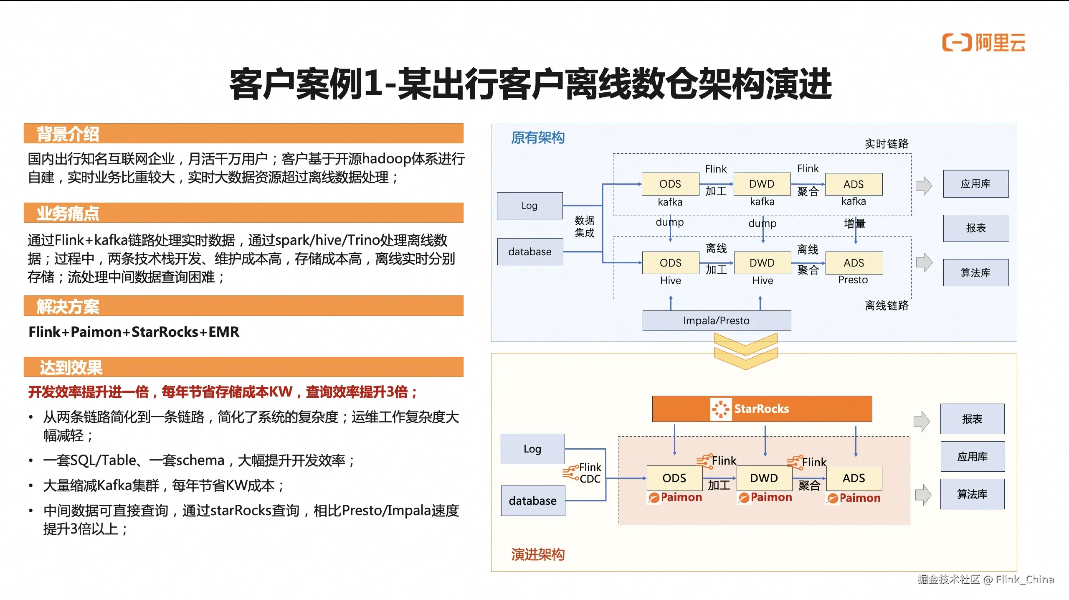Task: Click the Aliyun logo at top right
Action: (x=983, y=43)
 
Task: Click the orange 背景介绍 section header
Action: (x=243, y=134)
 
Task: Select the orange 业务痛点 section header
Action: (x=243, y=213)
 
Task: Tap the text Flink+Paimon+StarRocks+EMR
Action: (x=134, y=332)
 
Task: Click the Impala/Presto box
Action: (x=716, y=320)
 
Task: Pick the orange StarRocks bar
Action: (x=762, y=409)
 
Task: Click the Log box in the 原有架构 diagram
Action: (x=529, y=206)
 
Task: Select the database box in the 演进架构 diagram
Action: (x=533, y=501)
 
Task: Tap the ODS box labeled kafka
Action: (x=670, y=184)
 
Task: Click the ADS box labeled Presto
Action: (x=854, y=263)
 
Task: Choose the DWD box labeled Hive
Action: (x=762, y=263)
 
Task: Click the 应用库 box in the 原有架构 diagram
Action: (x=975, y=184)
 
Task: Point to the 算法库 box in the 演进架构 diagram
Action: (x=972, y=494)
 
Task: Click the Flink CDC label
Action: (x=585, y=473)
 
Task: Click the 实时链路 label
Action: (x=886, y=144)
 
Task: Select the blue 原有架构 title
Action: (x=538, y=137)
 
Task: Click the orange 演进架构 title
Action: (x=538, y=554)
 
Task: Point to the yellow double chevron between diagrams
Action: (x=745, y=351)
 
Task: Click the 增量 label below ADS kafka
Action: (x=854, y=224)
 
